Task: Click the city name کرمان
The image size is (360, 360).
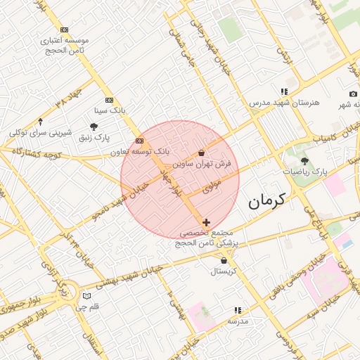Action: pos(268,202)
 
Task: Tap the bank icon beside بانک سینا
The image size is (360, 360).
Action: pos(108,100)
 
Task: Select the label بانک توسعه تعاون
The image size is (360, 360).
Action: pos(141,151)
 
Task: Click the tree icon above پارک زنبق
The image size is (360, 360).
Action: pos(94,127)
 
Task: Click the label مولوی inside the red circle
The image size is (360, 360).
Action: pos(212,186)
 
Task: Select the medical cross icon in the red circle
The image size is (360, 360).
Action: pos(205,222)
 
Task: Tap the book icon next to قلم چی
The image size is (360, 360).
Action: pos(86,296)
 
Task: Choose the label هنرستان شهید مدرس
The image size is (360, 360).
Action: pos(284,103)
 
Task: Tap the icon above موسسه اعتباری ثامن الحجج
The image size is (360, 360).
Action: pos(65,30)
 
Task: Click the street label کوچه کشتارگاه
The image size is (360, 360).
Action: pos(32,153)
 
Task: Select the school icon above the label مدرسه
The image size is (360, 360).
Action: pos(238,309)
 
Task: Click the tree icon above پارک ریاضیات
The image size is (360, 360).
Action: pos(304,161)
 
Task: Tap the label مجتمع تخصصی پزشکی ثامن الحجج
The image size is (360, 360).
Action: pos(210,237)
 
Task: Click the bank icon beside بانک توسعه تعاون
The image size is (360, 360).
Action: pos(139,141)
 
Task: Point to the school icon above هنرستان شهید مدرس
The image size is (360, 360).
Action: pos(284,91)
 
